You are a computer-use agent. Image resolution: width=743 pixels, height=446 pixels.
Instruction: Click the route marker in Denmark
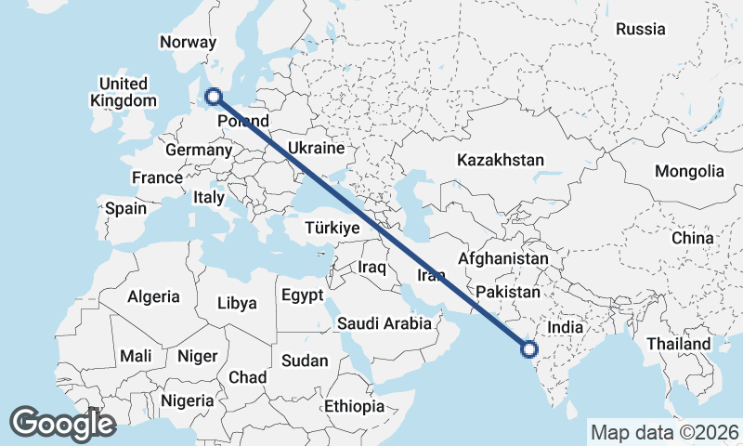214,95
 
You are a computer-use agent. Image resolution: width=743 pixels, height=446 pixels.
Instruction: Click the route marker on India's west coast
529,350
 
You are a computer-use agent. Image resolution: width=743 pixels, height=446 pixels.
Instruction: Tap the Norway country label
188,42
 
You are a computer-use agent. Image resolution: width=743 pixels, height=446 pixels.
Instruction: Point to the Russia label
641,29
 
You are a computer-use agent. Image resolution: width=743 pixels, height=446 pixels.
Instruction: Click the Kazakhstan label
500,160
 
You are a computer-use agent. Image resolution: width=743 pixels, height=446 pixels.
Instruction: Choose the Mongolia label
688,171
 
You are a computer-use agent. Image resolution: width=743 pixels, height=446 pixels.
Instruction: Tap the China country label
693,238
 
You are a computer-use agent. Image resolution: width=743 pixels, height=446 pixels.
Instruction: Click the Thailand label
680,344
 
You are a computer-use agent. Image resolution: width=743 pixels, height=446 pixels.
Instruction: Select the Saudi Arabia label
384,323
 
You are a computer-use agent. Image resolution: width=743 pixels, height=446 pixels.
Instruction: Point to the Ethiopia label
354,406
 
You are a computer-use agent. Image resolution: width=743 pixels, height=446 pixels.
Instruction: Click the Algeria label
153,296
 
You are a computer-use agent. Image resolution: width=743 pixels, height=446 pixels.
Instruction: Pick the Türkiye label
332,229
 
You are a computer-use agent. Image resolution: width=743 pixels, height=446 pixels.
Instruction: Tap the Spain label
125,208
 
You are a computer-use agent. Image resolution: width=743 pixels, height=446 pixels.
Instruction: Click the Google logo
62,423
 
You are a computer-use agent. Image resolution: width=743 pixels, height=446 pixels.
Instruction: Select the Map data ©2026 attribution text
664,432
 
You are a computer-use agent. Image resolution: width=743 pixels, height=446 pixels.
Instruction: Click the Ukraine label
316,148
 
